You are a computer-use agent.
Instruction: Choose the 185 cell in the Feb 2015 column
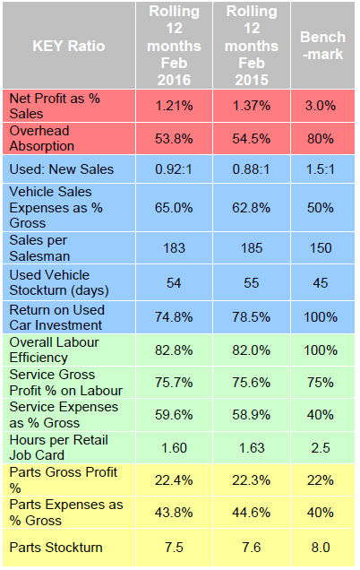[252, 246]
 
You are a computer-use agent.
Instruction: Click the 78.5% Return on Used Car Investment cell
[252, 316]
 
